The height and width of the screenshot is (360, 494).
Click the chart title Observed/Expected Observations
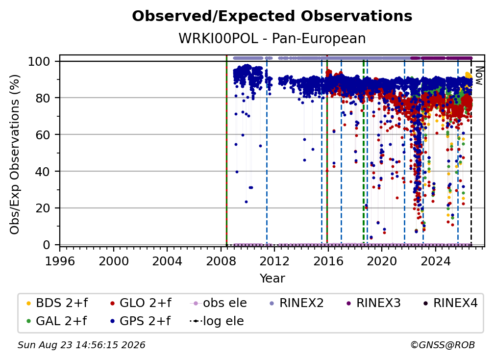[272, 16]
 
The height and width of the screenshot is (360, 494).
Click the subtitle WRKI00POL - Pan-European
[272, 38]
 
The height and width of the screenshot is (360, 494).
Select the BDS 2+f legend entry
[57, 303]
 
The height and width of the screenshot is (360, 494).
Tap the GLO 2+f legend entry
[141, 303]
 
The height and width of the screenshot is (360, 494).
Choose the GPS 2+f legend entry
[140, 321]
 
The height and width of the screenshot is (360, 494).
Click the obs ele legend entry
[219, 303]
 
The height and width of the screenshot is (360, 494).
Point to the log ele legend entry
[217, 321]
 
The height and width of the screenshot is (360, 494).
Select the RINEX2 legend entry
[296, 303]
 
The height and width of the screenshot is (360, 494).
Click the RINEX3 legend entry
[373, 303]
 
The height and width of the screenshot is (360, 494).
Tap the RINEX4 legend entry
[450, 303]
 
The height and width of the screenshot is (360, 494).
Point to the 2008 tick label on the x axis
[221, 261]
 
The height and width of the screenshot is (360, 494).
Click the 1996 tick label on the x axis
[60, 261]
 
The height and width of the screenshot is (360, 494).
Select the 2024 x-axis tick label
[435, 261]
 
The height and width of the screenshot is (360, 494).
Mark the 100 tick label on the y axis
[39, 61]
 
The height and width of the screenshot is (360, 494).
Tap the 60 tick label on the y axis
[43, 134]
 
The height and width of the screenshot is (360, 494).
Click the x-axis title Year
[272, 279]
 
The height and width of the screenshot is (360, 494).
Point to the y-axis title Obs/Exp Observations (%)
[15, 154]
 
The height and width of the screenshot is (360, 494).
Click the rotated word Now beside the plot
[479, 76]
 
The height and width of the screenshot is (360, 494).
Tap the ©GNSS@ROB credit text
[443, 345]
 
